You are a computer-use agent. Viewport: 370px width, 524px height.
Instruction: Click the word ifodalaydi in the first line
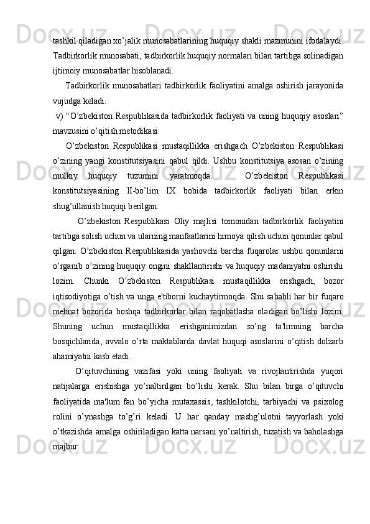point(323,40)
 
